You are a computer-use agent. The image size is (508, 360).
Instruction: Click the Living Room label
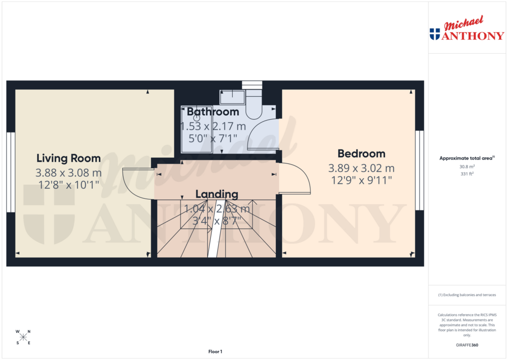[68, 158]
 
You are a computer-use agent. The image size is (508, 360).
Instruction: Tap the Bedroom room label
[361, 153]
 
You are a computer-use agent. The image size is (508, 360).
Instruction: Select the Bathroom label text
[213, 112]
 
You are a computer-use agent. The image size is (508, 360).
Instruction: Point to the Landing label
[217, 194]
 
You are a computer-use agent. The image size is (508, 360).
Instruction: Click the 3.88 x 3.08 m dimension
[68, 173]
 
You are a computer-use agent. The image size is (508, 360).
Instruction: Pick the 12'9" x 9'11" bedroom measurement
[361, 180]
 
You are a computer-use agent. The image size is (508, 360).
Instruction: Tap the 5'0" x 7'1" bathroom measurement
[213, 138]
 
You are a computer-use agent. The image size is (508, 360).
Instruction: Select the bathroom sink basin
[232, 94]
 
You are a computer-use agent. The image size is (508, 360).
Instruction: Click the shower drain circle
[196, 118]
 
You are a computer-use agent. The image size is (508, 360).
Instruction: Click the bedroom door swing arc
[296, 179]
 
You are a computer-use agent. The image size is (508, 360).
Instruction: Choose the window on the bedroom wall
[420, 170]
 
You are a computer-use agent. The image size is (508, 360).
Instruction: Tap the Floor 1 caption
[215, 352]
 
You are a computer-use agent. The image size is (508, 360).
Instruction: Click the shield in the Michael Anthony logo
[435, 34]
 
